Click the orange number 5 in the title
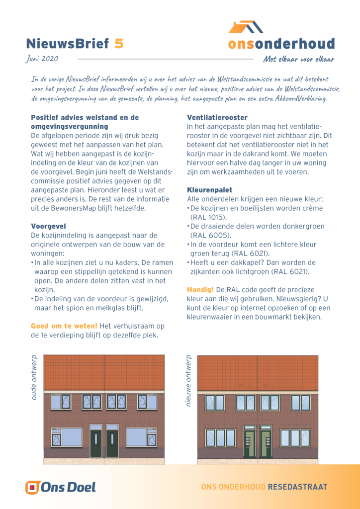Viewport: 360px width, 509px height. click(119, 44)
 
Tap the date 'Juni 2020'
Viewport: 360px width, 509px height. click(42, 59)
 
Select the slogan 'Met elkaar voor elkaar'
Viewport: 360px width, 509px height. click(298, 60)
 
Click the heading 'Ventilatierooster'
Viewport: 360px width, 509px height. click(217, 117)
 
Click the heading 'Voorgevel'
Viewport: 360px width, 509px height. click(48, 226)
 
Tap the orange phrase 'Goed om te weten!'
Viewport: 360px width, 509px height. click(64, 326)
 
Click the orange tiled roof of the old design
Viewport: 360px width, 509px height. click(104, 373)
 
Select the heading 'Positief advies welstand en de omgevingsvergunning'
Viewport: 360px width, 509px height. click(85, 122)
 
